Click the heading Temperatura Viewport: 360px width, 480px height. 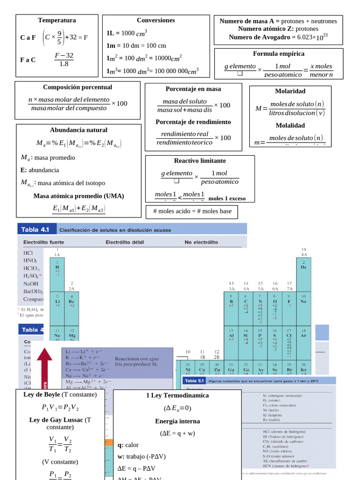pyautogui.click(x=57, y=20)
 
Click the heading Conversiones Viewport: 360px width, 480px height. pyautogui.click(x=156, y=20)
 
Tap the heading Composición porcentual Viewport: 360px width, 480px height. pyautogui.click(x=77, y=87)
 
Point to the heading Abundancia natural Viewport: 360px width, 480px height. pyautogui.click(x=79, y=130)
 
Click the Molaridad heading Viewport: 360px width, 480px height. pyautogui.click(x=290, y=91)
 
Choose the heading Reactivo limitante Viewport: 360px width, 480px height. pyautogui.click(x=200, y=160)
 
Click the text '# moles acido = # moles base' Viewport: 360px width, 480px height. pyautogui.click(x=192, y=211)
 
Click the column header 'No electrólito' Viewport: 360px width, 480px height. pyautogui.click(x=201, y=242)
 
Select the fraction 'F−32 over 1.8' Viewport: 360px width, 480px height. pyautogui.click(x=64, y=60)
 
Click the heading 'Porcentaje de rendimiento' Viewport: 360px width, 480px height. pyautogui.click(x=193, y=122)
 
